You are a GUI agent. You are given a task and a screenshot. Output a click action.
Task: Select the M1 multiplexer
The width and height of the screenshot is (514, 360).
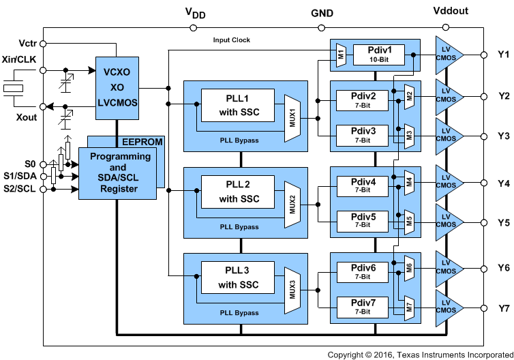point(341,54)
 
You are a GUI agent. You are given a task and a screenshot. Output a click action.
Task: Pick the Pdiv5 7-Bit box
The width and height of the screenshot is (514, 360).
point(362,220)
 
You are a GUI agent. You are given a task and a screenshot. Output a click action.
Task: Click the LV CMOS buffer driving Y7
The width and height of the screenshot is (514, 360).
point(448,308)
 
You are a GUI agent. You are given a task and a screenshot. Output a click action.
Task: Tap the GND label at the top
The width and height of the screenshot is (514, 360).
point(322,12)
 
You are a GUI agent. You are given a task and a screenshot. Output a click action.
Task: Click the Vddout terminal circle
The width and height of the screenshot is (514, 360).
point(446,28)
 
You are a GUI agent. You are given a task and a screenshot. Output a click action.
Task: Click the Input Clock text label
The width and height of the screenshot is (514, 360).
point(232,40)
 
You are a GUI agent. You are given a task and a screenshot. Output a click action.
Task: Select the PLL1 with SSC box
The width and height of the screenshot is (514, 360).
point(237,106)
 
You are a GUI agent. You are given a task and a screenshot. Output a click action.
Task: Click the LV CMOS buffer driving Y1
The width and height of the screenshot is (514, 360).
point(448,54)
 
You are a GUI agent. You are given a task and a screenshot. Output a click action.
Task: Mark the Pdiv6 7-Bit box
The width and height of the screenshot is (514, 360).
point(362,271)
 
